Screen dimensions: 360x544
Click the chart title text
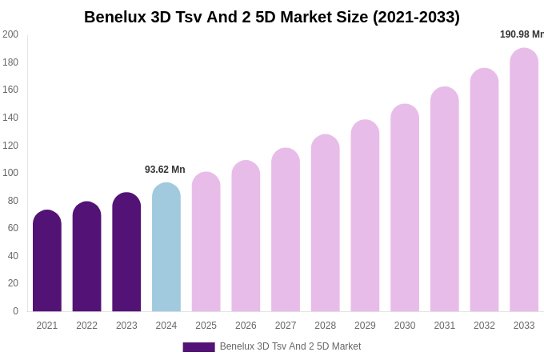click(x=272, y=17)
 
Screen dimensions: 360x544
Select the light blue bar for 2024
click(x=166, y=248)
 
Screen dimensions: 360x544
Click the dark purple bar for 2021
click(x=47, y=262)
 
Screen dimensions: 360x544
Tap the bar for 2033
click(x=524, y=181)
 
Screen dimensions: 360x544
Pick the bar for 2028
click(x=326, y=224)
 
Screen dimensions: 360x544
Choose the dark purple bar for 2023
click(x=126, y=253)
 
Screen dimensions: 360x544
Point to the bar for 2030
click(x=405, y=209)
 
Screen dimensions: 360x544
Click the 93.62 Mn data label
click(x=165, y=170)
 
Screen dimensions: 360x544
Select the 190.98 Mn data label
click(x=522, y=34)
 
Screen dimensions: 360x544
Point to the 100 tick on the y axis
click(x=10, y=173)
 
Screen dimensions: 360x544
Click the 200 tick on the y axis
click(x=10, y=34)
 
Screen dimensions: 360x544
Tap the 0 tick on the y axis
click(x=15, y=311)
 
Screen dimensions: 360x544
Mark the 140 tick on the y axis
click(x=10, y=118)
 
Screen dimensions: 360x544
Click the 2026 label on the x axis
click(x=246, y=326)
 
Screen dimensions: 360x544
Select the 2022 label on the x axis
click(x=86, y=326)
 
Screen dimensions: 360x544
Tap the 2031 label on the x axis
click(x=445, y=326)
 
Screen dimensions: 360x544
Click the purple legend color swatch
click(x=198, y=347)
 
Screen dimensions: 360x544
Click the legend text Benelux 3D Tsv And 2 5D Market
click(x=290, y=346)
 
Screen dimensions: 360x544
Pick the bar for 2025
click(x=206, y=242)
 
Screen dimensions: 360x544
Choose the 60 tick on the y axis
click(x=13, y=228)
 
